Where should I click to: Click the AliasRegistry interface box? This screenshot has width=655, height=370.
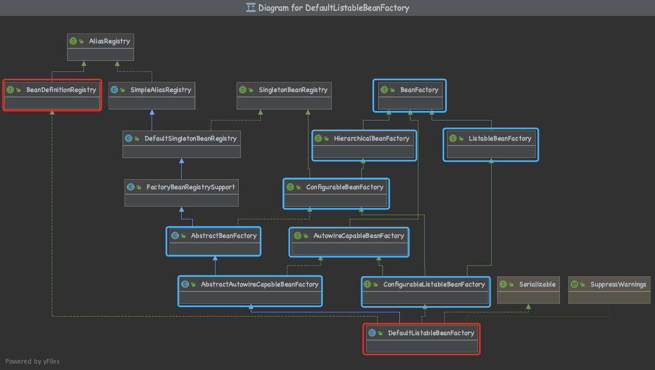pos(100,47)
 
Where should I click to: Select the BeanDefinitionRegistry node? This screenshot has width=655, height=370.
pos(52,95)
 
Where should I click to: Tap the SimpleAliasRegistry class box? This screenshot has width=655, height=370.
pos(152,95)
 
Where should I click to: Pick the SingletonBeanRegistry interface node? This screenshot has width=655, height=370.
pos(284,95)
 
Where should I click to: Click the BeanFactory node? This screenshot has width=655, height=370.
pos(410,95)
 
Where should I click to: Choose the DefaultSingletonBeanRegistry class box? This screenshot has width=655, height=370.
pos(181,144)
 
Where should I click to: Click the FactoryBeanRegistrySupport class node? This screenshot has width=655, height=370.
pos(181,192)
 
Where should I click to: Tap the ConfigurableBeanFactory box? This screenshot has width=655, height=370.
pos(336,192)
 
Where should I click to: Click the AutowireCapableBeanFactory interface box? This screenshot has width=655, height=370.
pos(350,241)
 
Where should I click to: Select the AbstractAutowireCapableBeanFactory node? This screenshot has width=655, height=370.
pos(250,290)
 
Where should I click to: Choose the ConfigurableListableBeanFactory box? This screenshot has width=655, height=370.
pos(425,290)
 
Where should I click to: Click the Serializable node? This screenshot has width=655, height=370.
pos(528,290)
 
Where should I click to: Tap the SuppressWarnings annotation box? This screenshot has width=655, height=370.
pos(609,290)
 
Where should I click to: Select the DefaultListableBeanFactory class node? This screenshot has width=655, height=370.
pos(422,338)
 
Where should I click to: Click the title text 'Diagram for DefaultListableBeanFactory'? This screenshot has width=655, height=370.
pos(333,8)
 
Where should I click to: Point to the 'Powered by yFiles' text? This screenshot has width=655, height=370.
pos(32,362)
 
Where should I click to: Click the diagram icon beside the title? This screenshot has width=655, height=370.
pos(251,8)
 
